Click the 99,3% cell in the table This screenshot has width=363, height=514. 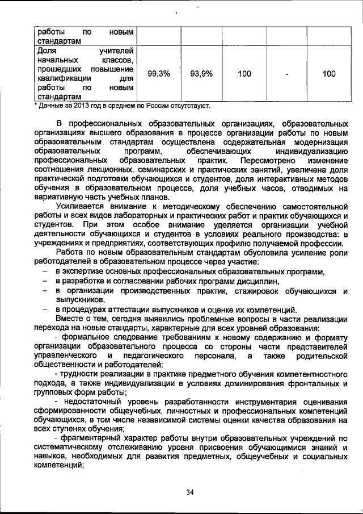(159, 74)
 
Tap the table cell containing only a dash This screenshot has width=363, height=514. (288, 74)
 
